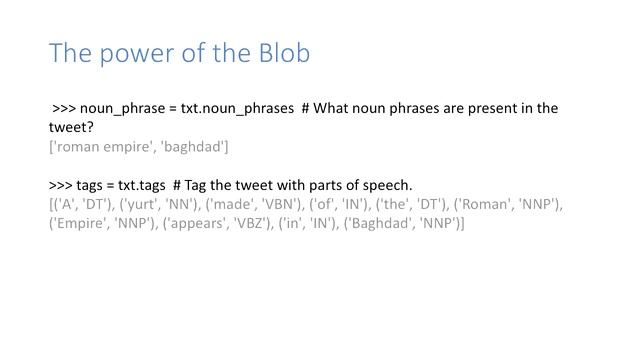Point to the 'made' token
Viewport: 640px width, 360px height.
click(x=231, y=205)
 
